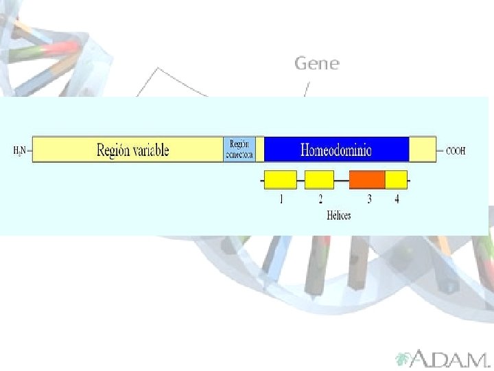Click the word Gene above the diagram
(x=316, y=63)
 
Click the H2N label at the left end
(x=19, y=150)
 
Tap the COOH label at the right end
(x=456, y=150)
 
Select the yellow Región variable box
(x=128, y=149)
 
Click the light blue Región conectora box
(x=239, y=149)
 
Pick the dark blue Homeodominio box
(x=336, y=149)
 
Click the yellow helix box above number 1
(x=281, y=180)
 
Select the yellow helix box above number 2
(x=319, y=180)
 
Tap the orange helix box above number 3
(x=367, y=180)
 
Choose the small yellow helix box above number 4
(x=396, y=180)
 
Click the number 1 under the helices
(x=281, y=200)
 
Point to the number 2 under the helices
(x=320, y=200)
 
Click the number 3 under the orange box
(x=370, y=200)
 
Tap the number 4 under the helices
(x=397, y=200)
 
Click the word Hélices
(x=339, y=215)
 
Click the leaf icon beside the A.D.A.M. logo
(x=403, y=358)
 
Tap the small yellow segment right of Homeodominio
(x=422, y=149)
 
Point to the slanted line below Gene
(x=307, y=89)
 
